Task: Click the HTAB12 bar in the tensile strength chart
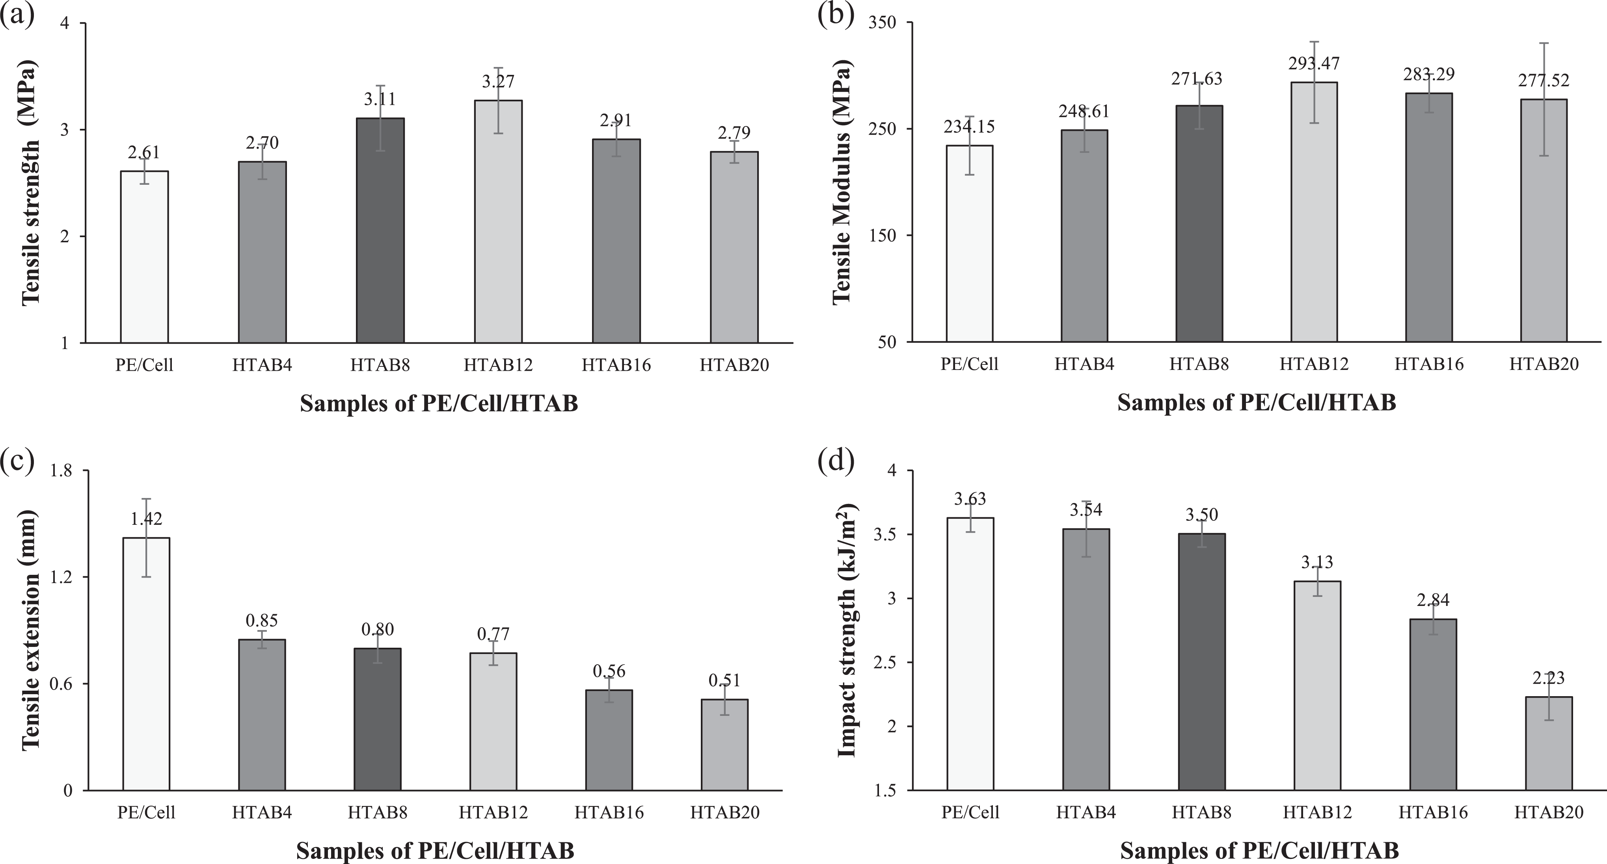click(x=499, y=221)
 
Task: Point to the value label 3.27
click(x=499, y=81)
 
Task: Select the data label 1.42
click(x=146, y=518)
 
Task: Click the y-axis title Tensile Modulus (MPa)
click(x=842, y=182)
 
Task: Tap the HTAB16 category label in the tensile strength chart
click(x=616, y=365)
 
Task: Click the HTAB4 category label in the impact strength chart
click(x=1086, y=813)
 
